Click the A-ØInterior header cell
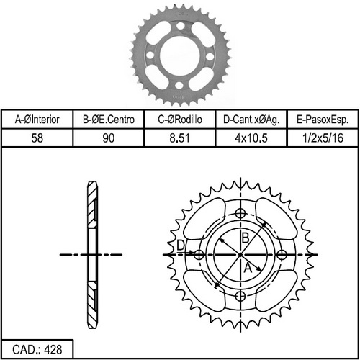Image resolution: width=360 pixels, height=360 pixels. point(37,120)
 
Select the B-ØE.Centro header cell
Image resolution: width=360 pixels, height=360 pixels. point(108,120)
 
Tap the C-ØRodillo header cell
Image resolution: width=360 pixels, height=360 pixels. point(180,120)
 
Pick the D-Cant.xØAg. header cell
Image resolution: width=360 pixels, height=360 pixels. point(251,120)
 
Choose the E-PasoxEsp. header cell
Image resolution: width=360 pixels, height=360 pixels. point(323,120)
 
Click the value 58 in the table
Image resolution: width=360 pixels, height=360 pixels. point(37,138)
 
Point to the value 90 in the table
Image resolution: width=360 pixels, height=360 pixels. point(108,138)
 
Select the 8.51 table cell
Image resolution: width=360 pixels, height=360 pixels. point(180,138)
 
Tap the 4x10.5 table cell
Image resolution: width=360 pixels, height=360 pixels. point(251,138)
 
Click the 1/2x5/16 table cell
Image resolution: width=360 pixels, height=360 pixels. point(323,138)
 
